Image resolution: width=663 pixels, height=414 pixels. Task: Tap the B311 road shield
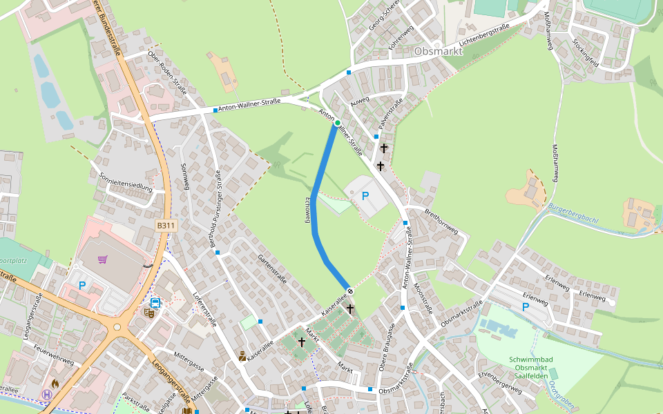(x=166, y=226)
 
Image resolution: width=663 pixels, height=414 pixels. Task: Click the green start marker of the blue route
(x=337, y=124)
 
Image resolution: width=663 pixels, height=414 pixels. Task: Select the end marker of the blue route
(x=350, y=290)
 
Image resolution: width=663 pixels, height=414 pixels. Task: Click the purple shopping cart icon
(x=103, y=259)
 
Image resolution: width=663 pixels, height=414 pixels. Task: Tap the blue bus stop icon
(x=155, y=302)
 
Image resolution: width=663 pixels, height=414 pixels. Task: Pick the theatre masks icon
(x=149, y=312)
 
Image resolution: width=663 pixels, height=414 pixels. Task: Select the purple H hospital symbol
(x=47, y=395)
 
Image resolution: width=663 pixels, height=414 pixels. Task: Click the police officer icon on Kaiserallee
(x=242, y=356)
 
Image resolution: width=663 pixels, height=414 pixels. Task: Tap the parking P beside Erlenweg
(x=526, y=306)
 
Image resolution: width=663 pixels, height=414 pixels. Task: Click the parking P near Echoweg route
(x=365, y=196)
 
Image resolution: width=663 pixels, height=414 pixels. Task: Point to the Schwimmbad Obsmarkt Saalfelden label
(x=529, y=368)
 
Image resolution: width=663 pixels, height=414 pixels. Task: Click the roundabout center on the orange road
(x=117, y=327)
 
